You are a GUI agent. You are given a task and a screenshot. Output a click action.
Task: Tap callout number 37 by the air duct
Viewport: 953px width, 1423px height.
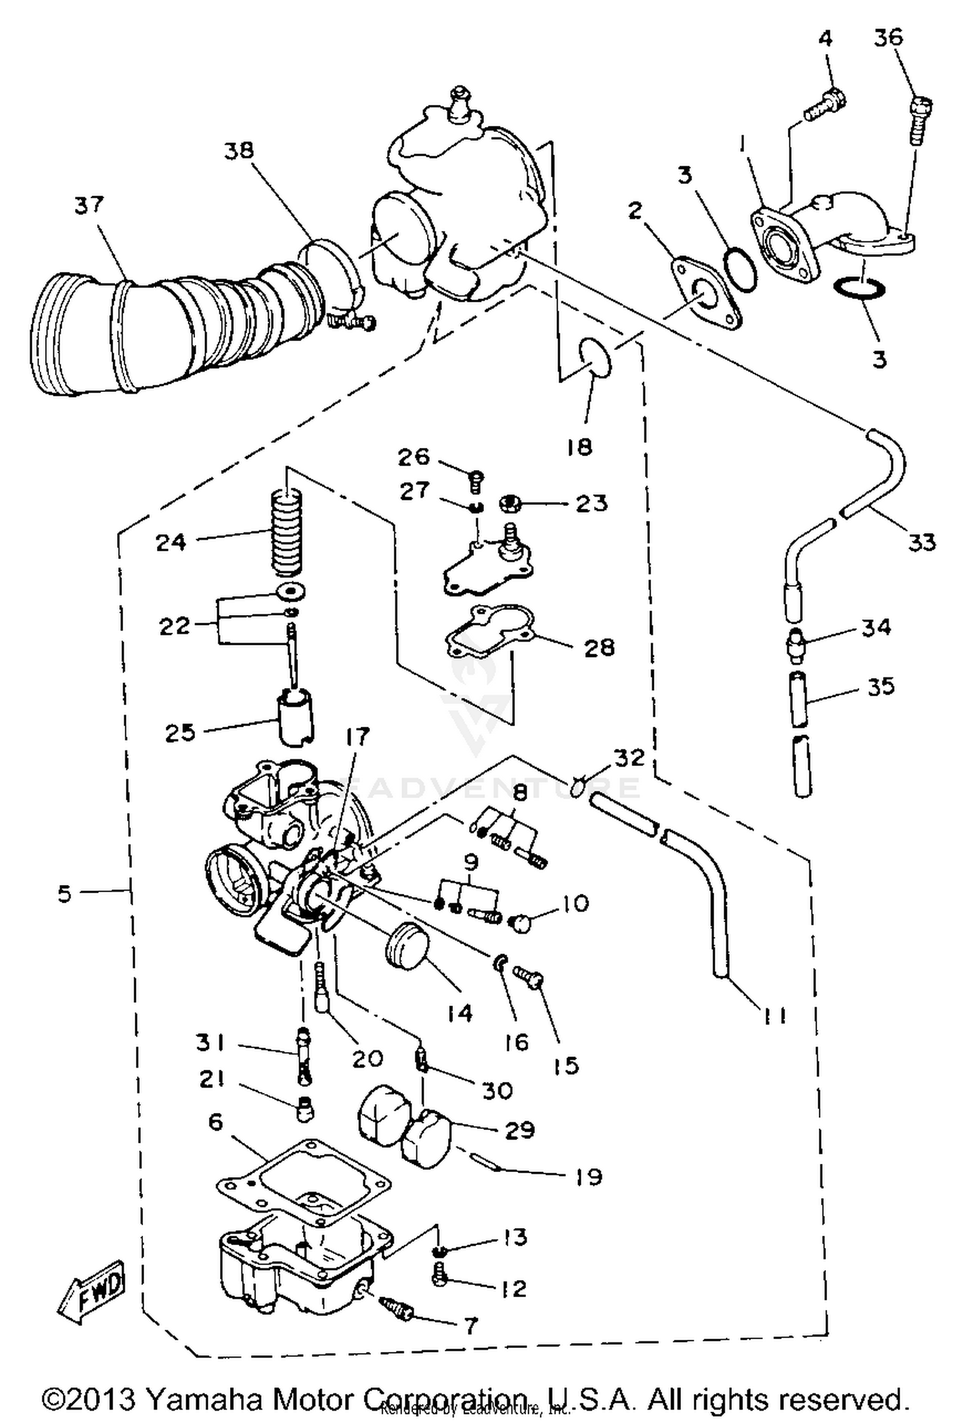[x=89, y=205]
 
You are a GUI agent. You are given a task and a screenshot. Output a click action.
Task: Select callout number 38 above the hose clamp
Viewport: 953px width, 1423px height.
[x=238, y=151]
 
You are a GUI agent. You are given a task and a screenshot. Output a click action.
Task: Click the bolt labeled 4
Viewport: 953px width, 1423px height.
[x=824, y=107]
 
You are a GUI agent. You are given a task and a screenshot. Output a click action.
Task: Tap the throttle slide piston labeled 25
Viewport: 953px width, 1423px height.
[x=294, y=717]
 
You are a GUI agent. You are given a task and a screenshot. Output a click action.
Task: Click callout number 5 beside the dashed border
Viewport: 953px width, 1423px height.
[x=65, y=894]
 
